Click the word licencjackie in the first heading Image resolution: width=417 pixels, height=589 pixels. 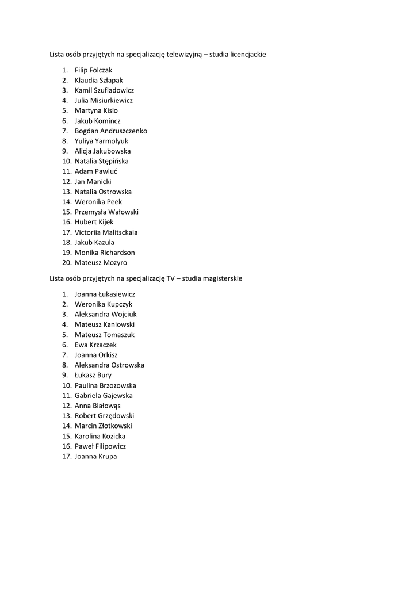pos(245,54)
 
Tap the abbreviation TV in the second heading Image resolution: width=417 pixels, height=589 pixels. pos(171,278)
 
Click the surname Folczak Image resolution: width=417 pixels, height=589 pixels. pos(101,70)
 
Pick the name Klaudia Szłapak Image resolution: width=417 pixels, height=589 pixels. pos(99,81)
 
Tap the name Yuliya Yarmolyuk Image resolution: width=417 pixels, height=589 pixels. pos(101,141)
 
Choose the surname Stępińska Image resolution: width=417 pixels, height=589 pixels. pos(114,161)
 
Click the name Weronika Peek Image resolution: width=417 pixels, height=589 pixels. pos(98,202)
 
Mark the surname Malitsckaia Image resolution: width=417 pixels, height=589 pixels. pos(120,232)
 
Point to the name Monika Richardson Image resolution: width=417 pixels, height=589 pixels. pos(105,253)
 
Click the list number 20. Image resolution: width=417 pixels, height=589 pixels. pos(66,263)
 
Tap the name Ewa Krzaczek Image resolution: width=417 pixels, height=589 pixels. pos(95,345)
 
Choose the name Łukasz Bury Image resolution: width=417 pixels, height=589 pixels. pos(93,375)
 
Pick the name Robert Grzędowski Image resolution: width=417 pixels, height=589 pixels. pos(104,416)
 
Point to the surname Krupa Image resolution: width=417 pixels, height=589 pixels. pos(107,457)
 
